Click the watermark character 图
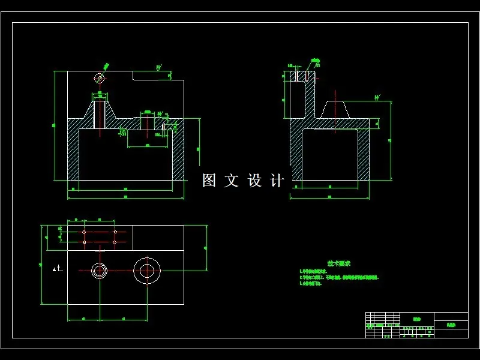click(209, 181)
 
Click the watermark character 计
click(277, 181)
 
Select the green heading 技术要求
click(338, 263)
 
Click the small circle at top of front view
click(100, 78)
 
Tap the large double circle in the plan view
click(146, 271)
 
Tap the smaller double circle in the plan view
click(99, 271)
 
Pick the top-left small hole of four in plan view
click(84, 232)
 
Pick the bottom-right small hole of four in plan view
click(114, 242)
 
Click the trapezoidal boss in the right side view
click(335, 110)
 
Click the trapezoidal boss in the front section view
click(100, 113)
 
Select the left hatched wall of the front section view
click(73, 150)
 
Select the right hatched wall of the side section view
click(364, 153)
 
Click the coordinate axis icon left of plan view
click(56, 269)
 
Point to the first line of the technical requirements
click(314, 272)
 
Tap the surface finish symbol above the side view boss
click(377, 97)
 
